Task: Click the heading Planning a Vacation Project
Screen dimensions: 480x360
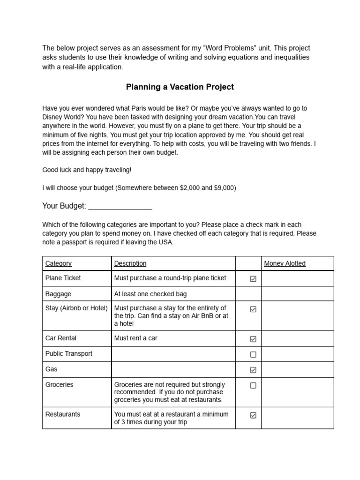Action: point(180,87)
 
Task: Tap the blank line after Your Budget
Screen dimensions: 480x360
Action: point(120,206)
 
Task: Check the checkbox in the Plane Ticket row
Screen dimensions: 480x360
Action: point(253,279)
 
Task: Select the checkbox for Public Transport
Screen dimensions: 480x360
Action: point(253,354)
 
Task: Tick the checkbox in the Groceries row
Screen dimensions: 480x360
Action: point(253,385)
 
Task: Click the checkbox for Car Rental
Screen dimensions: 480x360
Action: point(253,339)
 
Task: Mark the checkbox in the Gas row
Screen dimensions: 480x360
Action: point(253,370)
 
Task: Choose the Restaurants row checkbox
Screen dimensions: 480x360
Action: point(253,415)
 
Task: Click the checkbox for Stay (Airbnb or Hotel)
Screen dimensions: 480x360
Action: point(253,309)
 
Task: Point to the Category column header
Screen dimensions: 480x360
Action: point(59,263)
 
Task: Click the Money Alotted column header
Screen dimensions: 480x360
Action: point(285,263)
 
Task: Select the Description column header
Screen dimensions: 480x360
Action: point(130,263)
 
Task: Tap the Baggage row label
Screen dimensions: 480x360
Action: point(58,294)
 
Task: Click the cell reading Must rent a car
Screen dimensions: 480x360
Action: point(136,338)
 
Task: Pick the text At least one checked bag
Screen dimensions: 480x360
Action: point(150,294)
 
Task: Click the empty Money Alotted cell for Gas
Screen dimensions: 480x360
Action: point(297,369)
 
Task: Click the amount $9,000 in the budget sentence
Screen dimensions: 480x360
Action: point(224,188)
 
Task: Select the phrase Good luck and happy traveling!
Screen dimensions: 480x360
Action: point(87,170)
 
